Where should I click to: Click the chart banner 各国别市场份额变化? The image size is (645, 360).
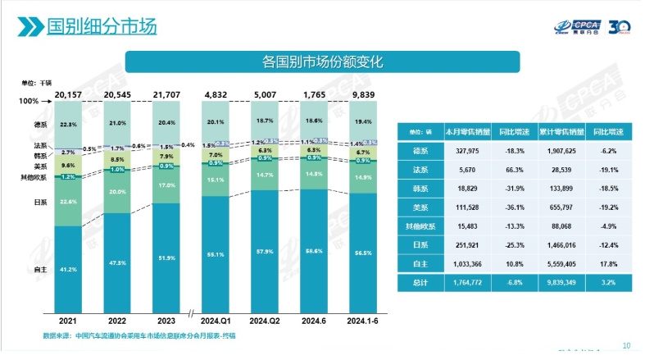[x=322, y=62]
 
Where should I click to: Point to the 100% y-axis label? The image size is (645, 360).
[x=30, y=101]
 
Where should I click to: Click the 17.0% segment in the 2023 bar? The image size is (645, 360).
[x=166, y=186]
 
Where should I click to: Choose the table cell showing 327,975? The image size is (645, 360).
[x=463, y=150]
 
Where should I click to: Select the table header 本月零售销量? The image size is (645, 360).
[x=466, y=130]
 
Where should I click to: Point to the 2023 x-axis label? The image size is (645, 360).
[x=166, y=321]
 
